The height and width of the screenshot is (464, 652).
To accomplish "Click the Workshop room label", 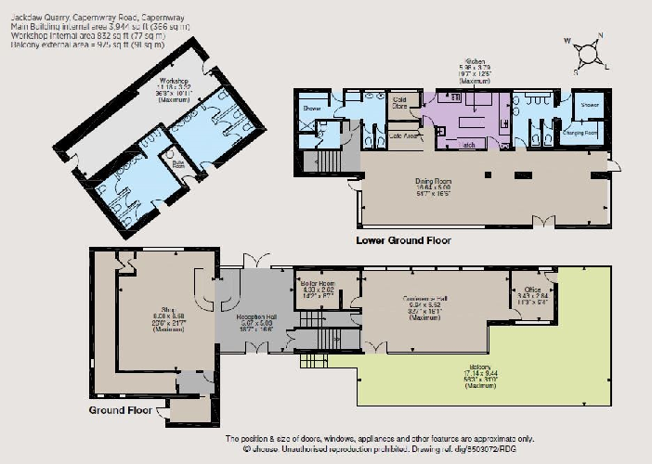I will [x=168, y=81].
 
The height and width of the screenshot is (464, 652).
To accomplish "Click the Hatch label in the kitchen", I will [x=445, y=145].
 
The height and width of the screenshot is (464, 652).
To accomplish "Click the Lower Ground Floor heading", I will [x=403, y=240].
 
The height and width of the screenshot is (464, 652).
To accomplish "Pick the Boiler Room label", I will [x=319, y=285].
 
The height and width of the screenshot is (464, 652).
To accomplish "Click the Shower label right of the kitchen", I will [x=590, y=105].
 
